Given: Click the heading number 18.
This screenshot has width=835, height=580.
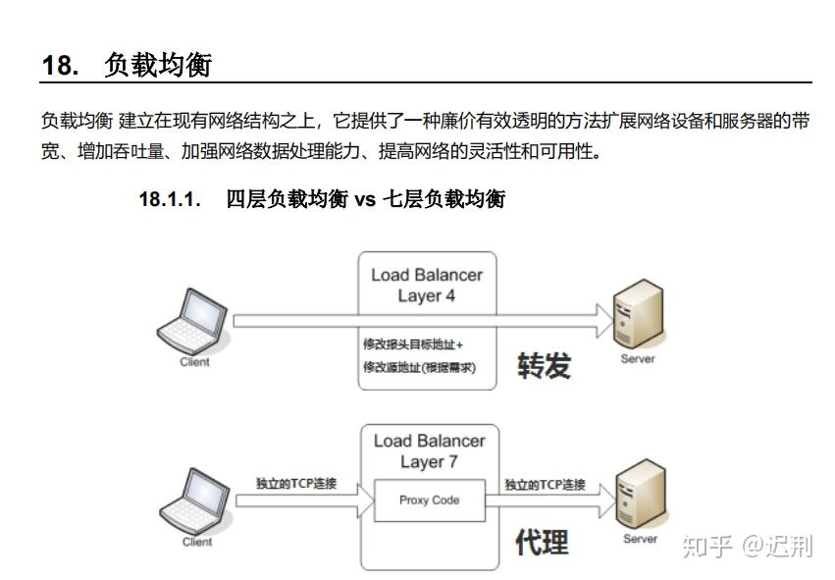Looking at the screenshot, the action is (60, 65).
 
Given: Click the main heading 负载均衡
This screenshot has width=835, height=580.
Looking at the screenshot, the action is (158, 65).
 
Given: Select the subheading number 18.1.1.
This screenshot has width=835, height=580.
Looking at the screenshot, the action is (170, 199).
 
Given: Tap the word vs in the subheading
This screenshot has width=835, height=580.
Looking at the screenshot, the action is (365, 200).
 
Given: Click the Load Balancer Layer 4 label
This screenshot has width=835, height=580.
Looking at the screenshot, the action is (427, 285).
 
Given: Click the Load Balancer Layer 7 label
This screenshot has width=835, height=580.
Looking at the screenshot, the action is (429, 451).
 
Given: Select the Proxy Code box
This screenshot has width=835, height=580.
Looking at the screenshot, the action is (430, 501).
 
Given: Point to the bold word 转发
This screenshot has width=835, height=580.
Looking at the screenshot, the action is (545, 366).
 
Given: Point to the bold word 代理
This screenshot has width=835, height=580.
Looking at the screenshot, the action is (542, 542).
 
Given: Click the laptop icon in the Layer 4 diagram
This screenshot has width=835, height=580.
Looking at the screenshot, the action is (192, 322).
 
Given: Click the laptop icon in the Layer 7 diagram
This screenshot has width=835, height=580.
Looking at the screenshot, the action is (195, 501).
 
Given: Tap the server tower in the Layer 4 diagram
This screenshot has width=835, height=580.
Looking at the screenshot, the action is (638, 314).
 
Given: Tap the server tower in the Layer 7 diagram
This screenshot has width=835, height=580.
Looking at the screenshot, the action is (641, 494).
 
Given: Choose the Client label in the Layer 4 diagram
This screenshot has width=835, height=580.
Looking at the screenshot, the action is (195, 362).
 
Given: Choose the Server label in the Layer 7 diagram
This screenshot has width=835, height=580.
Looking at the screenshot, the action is (640, 539).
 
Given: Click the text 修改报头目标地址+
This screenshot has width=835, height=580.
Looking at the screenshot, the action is (413, 344).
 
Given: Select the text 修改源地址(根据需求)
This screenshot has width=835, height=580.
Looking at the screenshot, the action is (420, 367).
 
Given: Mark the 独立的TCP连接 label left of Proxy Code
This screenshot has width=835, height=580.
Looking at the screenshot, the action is (296, 483).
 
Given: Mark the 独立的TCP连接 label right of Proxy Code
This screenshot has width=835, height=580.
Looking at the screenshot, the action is (545, 484).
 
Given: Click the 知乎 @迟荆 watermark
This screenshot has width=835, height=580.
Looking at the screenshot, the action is (748, 546).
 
